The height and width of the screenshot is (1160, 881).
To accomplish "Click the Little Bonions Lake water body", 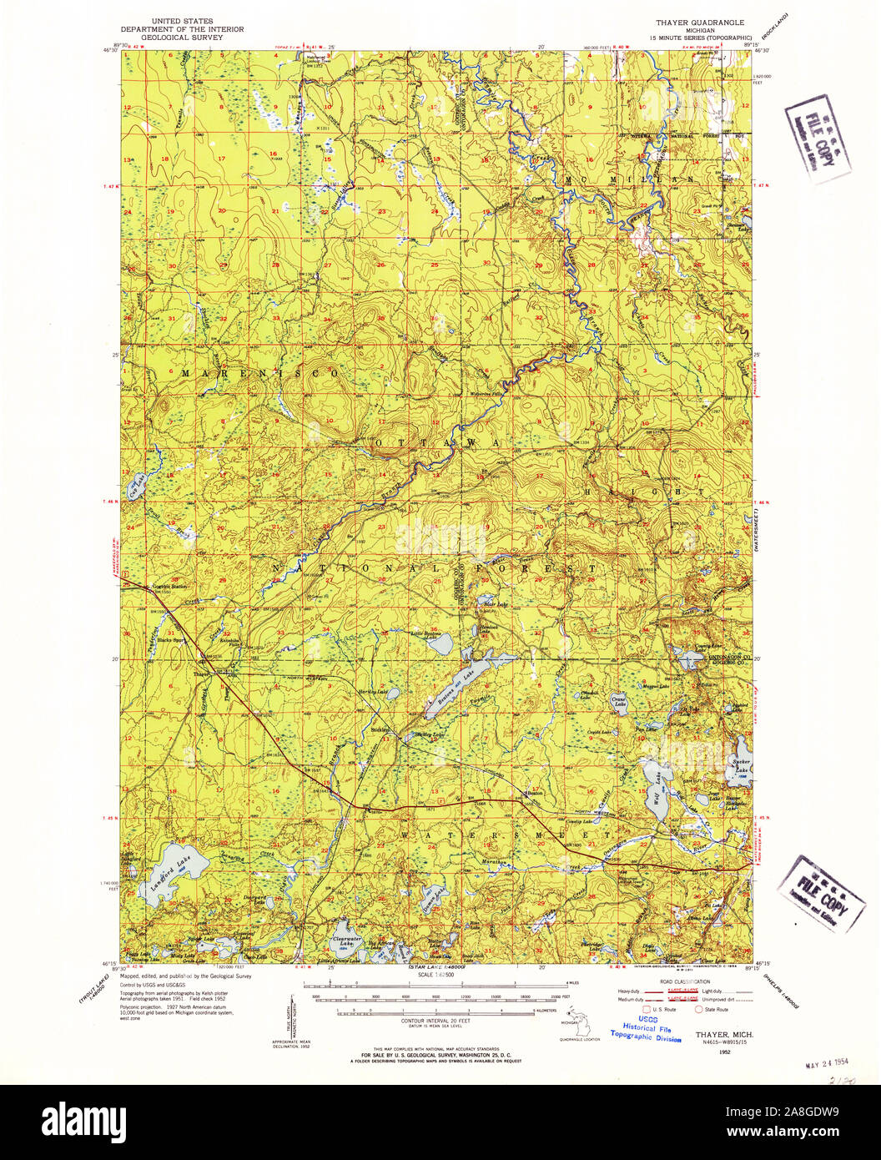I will [x=442, y=643].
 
